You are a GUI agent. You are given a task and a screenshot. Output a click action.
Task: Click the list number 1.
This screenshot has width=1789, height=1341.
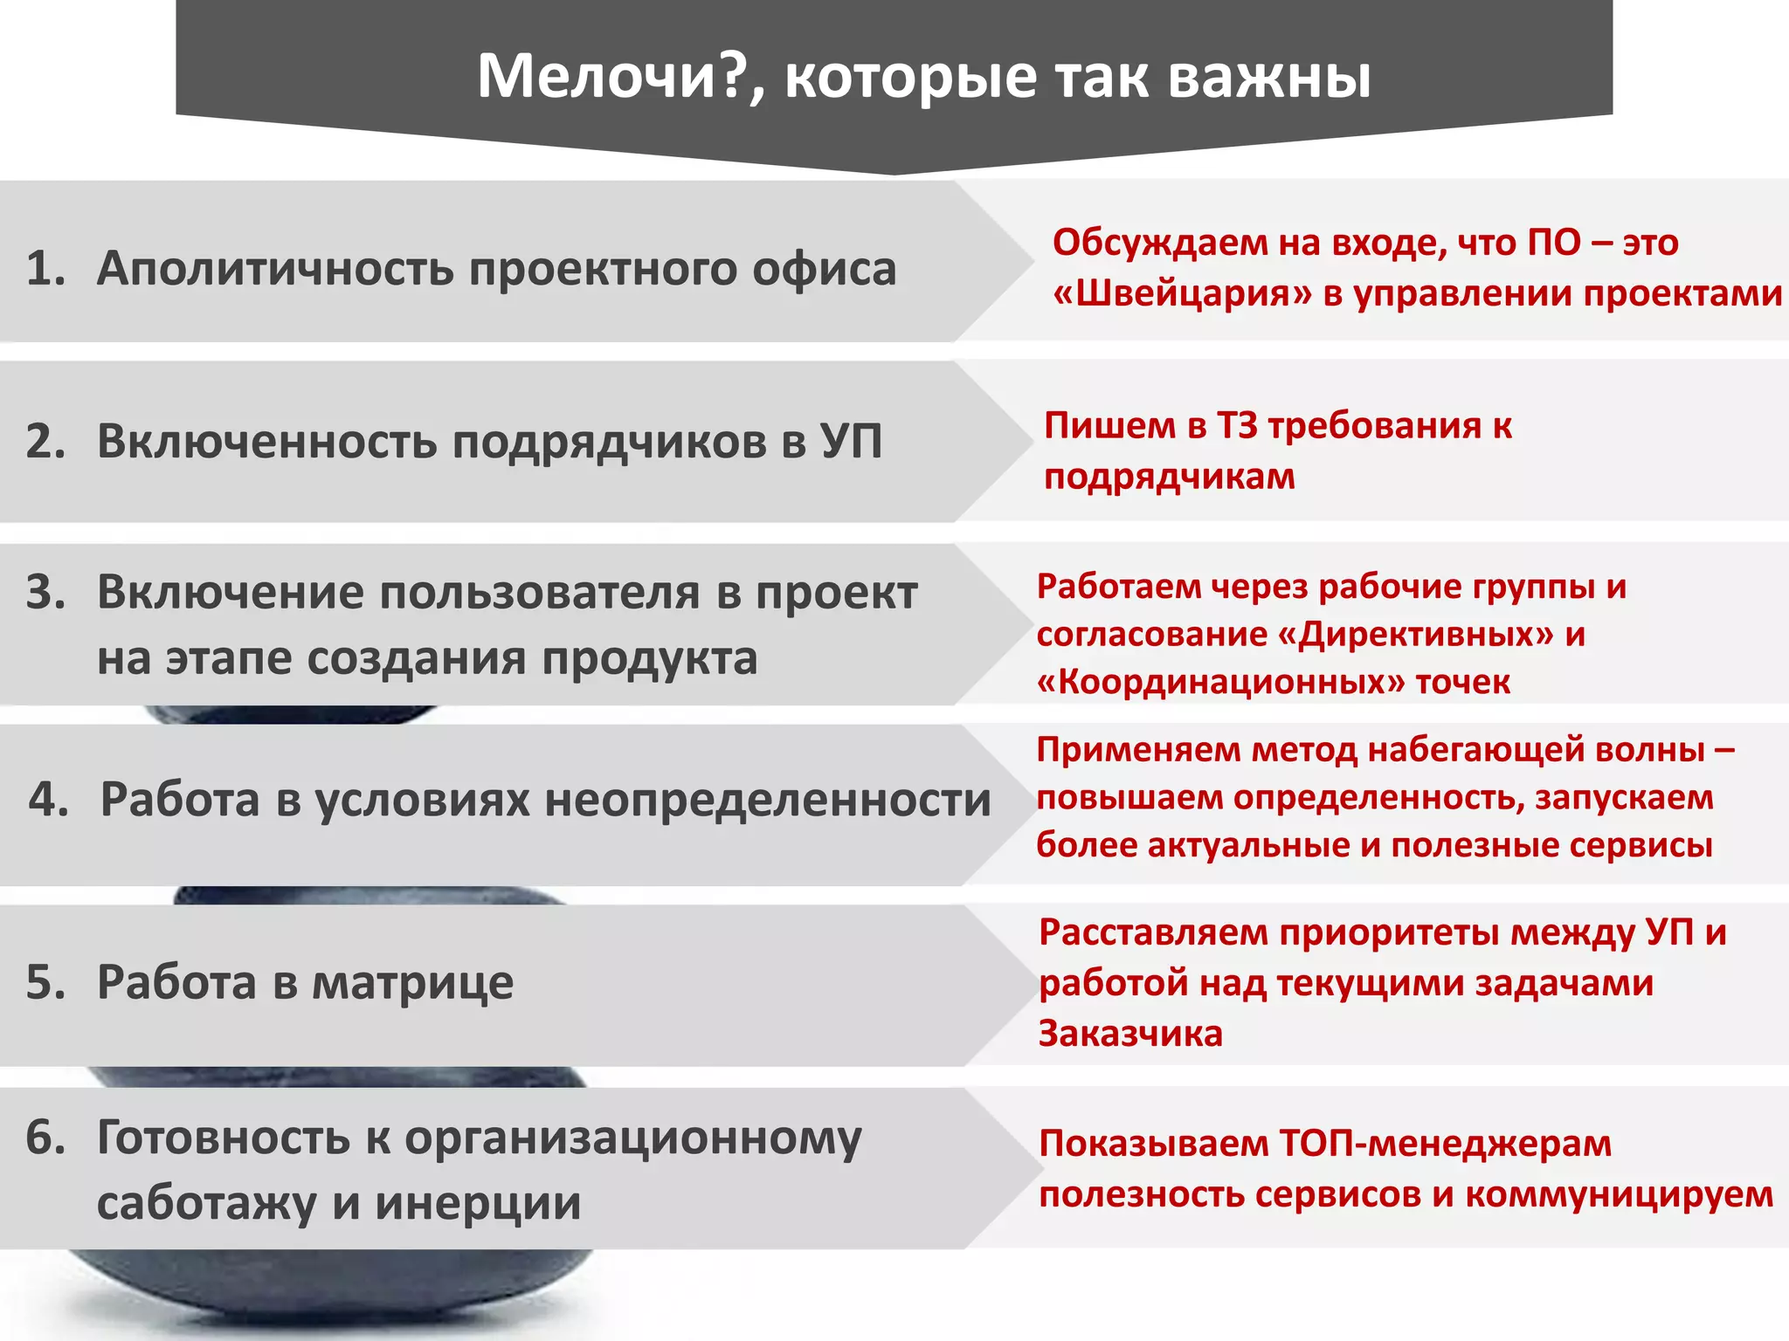pyautogui.click(x=45, y=268)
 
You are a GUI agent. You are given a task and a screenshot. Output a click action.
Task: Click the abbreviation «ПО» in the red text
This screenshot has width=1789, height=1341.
pyautogui.click(x=1554, y=243)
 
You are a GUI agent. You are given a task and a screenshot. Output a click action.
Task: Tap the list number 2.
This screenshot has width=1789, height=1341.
pyautogui.click(x=45, y=441)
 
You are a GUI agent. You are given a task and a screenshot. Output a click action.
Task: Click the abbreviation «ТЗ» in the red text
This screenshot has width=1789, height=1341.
pyautogui.click(x=1235, y=426)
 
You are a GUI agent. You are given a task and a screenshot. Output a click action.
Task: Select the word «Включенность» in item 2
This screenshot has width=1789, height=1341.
pyautogui.click(x=267, y=441)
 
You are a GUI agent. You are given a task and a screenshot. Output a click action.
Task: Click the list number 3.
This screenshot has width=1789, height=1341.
pyautogui.click(x=45, y=593)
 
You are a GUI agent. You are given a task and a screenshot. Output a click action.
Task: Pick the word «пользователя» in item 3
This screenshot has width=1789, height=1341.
pyautogui.click(x=540, y=593)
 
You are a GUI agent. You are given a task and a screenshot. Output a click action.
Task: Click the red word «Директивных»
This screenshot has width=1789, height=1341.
pyautogui.click(x=1415, y=635)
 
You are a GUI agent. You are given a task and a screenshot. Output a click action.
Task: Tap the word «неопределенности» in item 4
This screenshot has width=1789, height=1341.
pyautogui.click(x=767, y=800)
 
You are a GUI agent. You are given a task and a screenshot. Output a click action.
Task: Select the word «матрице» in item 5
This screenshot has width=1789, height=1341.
pyautogui.click(x=412, y=982)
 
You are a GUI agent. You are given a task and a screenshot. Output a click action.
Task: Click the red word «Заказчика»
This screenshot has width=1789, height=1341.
pyautogui.click(x=1129, y=1034)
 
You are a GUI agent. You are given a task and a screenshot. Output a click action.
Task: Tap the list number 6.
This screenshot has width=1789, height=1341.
pyautogui.click(x=45, y=1138)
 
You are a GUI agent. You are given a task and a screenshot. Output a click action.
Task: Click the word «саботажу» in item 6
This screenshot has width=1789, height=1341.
pyautogui.click(x=206, y=1203)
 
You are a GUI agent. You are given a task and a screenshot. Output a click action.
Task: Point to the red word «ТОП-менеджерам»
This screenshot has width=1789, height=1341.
pyautogui.click(x=1446, y=1144)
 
